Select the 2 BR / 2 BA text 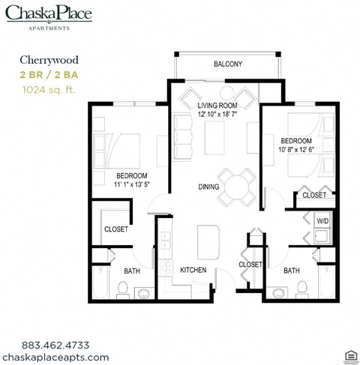(49, 76)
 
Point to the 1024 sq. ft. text (49, 89)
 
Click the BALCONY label (227, 64)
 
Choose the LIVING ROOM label (218, 106)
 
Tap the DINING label (208, 187)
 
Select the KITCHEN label (194, 270)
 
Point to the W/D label (322, 221)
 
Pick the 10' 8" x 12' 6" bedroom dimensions (296, 150)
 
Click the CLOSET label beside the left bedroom (115, 229)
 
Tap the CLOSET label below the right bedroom (313, 195)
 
